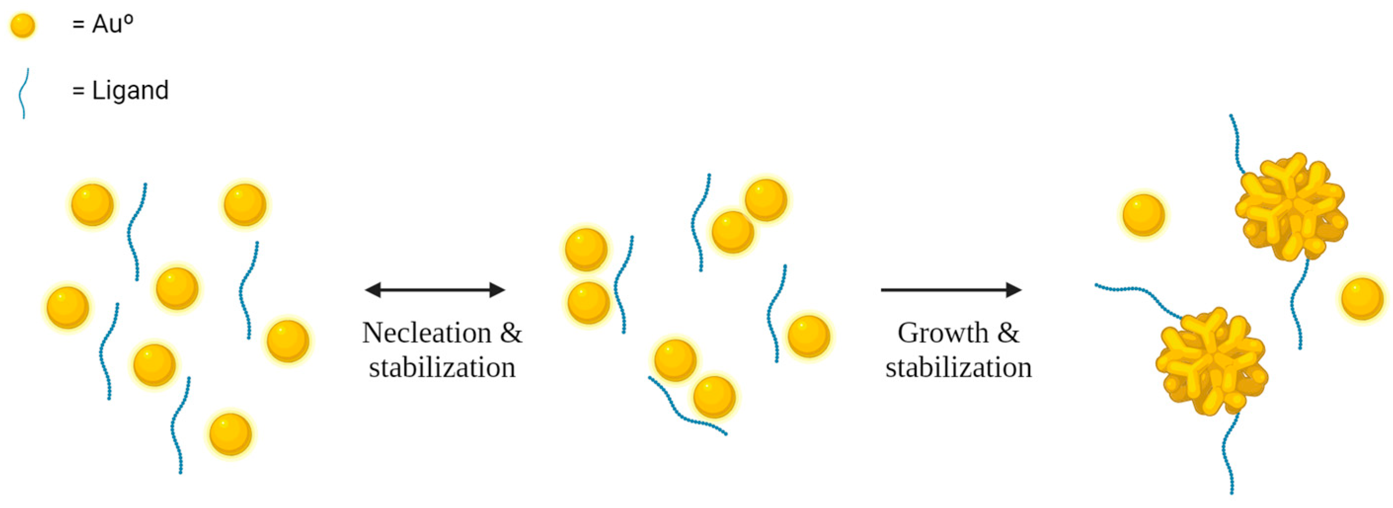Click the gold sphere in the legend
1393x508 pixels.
[23, 26]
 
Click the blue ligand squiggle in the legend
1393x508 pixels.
[23, 93]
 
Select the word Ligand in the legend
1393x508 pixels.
[130, 90]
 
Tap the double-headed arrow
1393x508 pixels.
[435, 290]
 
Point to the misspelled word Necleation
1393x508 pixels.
[427, 332]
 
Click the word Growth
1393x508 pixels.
[943, 332]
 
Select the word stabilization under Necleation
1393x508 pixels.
[442, 367]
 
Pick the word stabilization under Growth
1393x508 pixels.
[958, 367]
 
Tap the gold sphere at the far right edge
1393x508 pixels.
[1361, 298]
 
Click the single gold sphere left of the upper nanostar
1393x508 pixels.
[1143, 215]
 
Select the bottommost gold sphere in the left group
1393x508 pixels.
[231, 434]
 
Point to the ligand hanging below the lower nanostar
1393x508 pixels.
[1229, 454]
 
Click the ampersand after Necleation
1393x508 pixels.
[511, 332]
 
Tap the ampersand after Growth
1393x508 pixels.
[1008, 332]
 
